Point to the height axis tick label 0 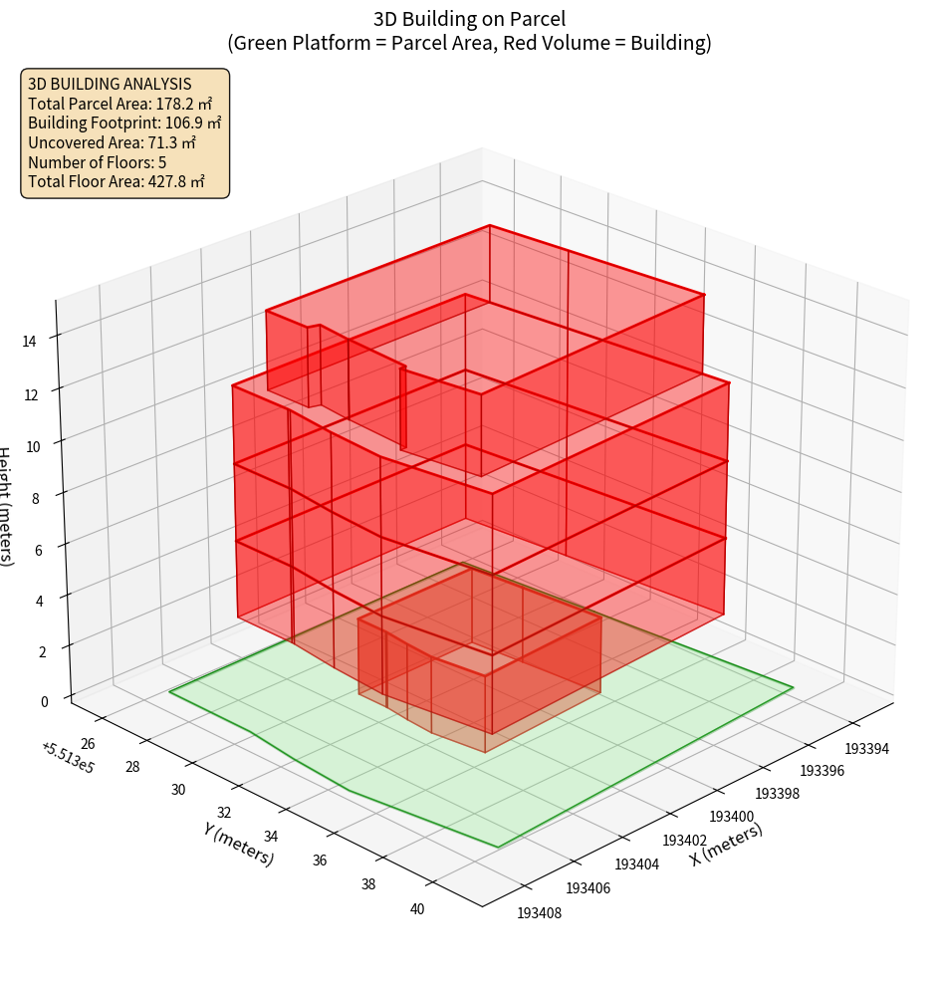[x=44, y=701]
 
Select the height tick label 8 [x=35, y=498]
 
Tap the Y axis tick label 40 [x=417, y=908]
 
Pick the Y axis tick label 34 [x=272, y=837]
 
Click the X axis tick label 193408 [x=540, y=911]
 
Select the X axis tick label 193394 [x=867, y=748]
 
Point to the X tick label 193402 [x=684, y=841]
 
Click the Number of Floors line [x=97, y=162]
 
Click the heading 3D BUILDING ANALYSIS [x=110, y=84]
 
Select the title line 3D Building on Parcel [x=469, y=19]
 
